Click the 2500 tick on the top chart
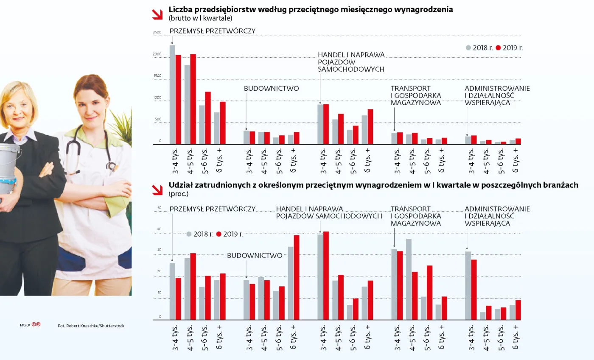tap(157, 33)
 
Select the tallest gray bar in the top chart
tap(172, 95)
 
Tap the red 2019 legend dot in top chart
tap(499, 48)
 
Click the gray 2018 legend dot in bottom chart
tap(189, 234)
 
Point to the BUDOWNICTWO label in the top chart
tap(271, 89)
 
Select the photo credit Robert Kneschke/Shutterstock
tap(91, 326)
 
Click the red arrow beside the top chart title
tap(157, 14)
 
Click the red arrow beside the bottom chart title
tap(157, 190)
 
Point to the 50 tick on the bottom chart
tap(160, 208)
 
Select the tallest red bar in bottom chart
tap(326, 276)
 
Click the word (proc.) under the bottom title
tap(178, 194)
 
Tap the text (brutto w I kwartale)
tap(200, 18)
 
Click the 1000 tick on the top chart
tap(157, 98)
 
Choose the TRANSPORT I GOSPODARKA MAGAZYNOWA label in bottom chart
tap(415, 216)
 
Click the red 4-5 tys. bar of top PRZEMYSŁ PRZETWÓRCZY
tap(193, 99)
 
